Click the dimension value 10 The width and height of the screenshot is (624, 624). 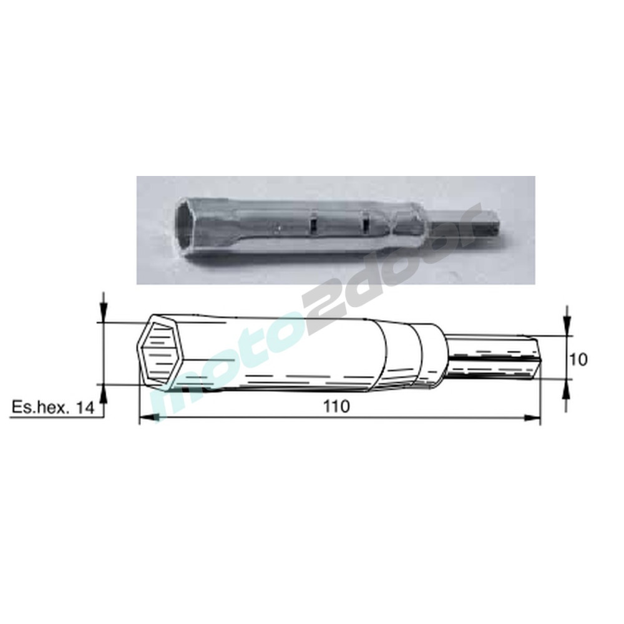(x=578, y=359)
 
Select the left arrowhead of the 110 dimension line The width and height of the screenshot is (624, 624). (x=150, y=417)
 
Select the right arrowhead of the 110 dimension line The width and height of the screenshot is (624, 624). (x=531, y=417)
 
